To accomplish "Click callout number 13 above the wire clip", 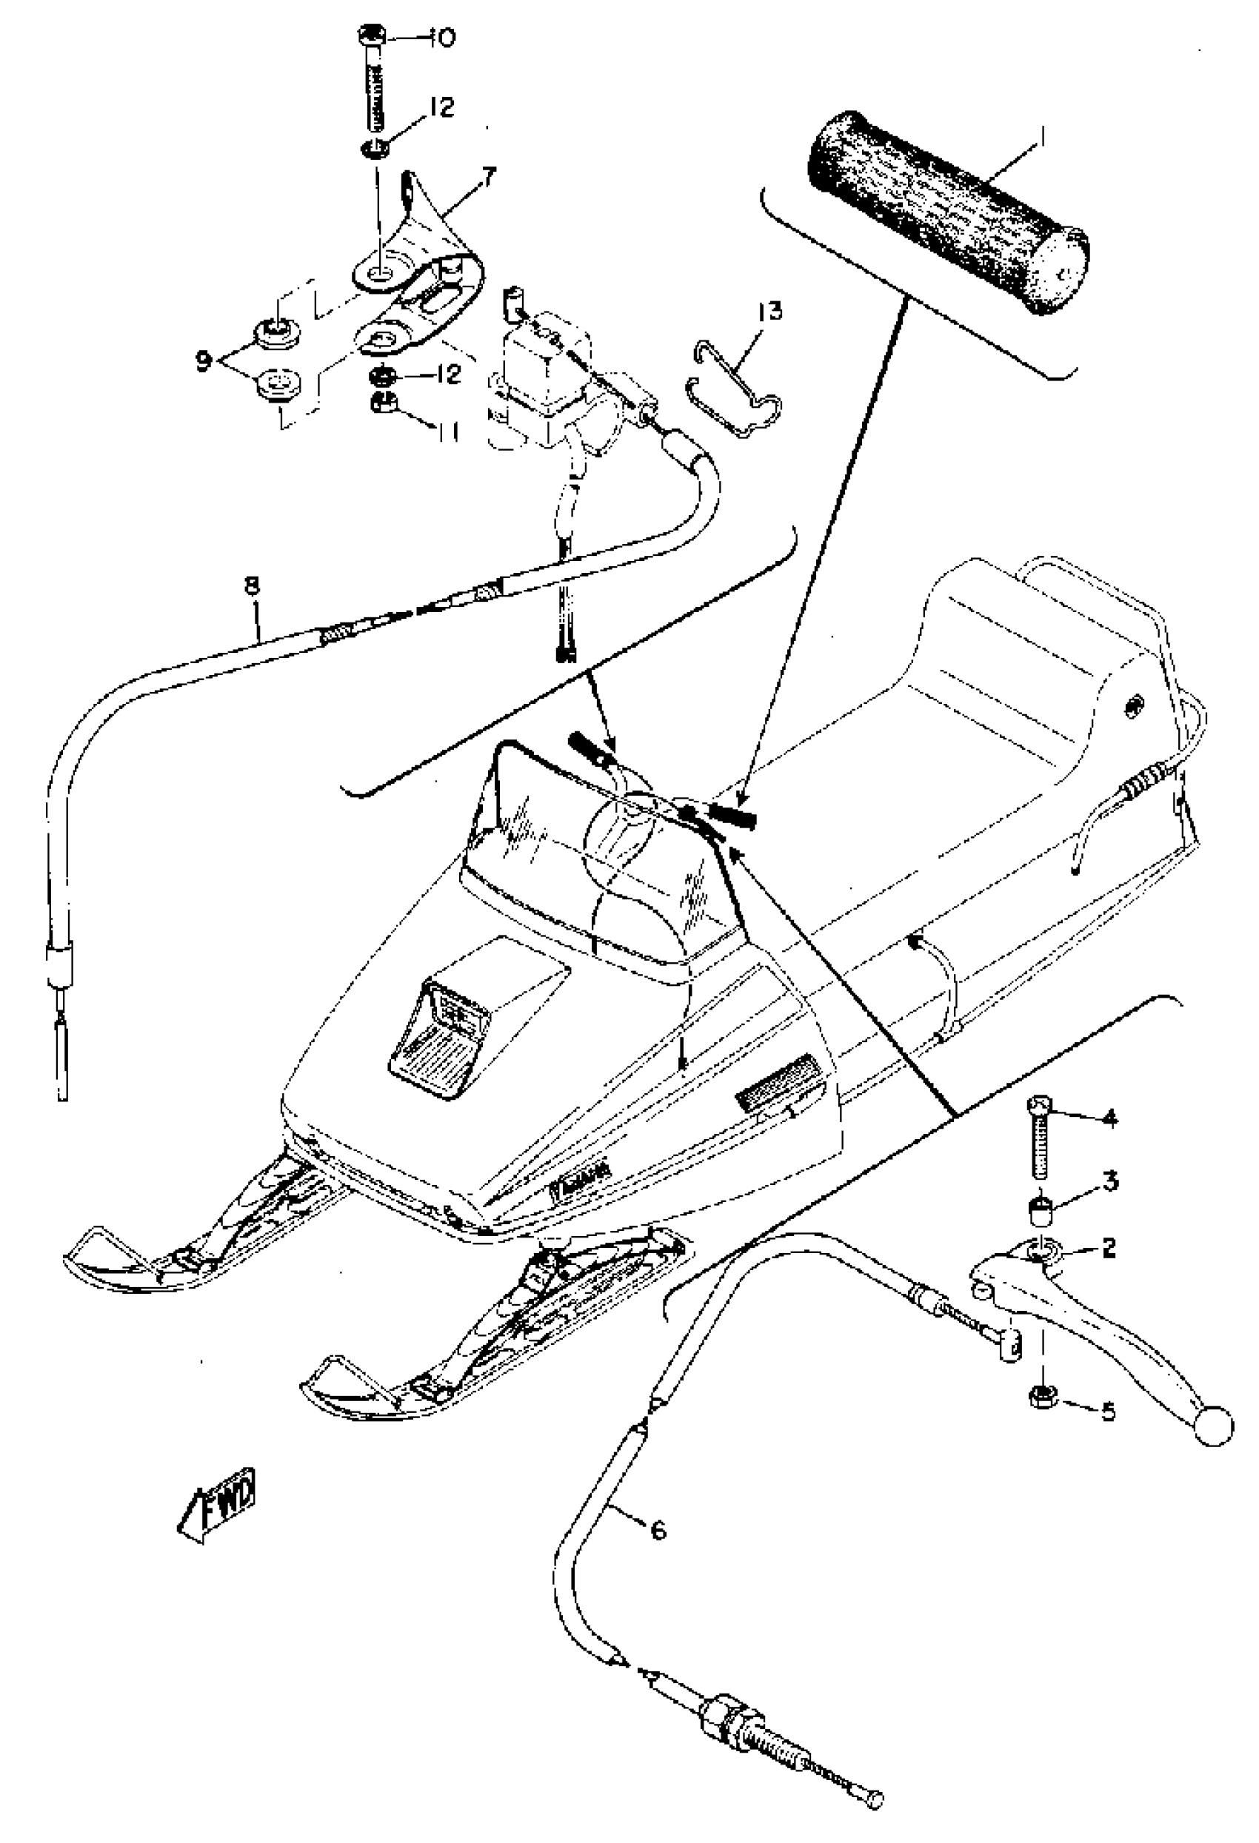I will click(769, 311).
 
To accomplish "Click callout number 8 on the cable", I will click(252, 586).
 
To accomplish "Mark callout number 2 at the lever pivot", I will click(1109, 1247).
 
